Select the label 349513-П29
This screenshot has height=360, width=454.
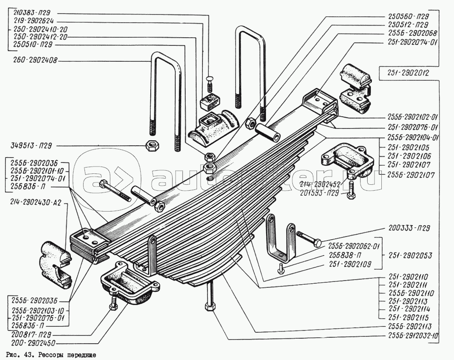pos(29,146)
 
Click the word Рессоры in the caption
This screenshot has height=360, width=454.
pos(44,355)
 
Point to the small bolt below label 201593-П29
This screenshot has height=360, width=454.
pos(350,196)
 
